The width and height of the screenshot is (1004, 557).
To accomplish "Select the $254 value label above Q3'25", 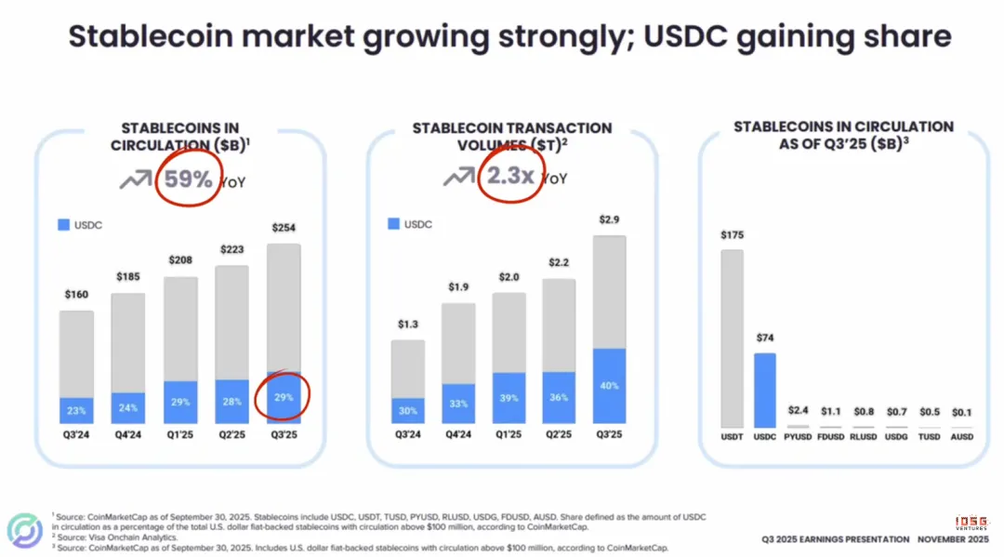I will point(284,228).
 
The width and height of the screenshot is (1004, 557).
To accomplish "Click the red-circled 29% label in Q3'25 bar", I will point(284,397).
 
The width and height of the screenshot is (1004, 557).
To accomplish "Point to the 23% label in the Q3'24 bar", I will point(76,410).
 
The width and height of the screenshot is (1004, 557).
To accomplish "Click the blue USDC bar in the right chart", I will point(764,390).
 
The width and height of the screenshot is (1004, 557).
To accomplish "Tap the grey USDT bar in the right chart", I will point(733,338).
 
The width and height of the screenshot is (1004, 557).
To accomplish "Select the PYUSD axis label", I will point(797,436).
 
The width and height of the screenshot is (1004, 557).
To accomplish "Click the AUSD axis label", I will point(962,436).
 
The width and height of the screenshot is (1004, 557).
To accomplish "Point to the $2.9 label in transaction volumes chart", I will point(610,220).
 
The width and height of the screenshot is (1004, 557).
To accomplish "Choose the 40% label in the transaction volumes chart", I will point(610,386).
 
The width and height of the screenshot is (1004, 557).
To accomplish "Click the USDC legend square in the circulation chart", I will point(63,225).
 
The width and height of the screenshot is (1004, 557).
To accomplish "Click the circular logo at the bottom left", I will point(25,530).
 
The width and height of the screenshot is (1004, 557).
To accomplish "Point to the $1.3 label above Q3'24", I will point(407,325).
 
